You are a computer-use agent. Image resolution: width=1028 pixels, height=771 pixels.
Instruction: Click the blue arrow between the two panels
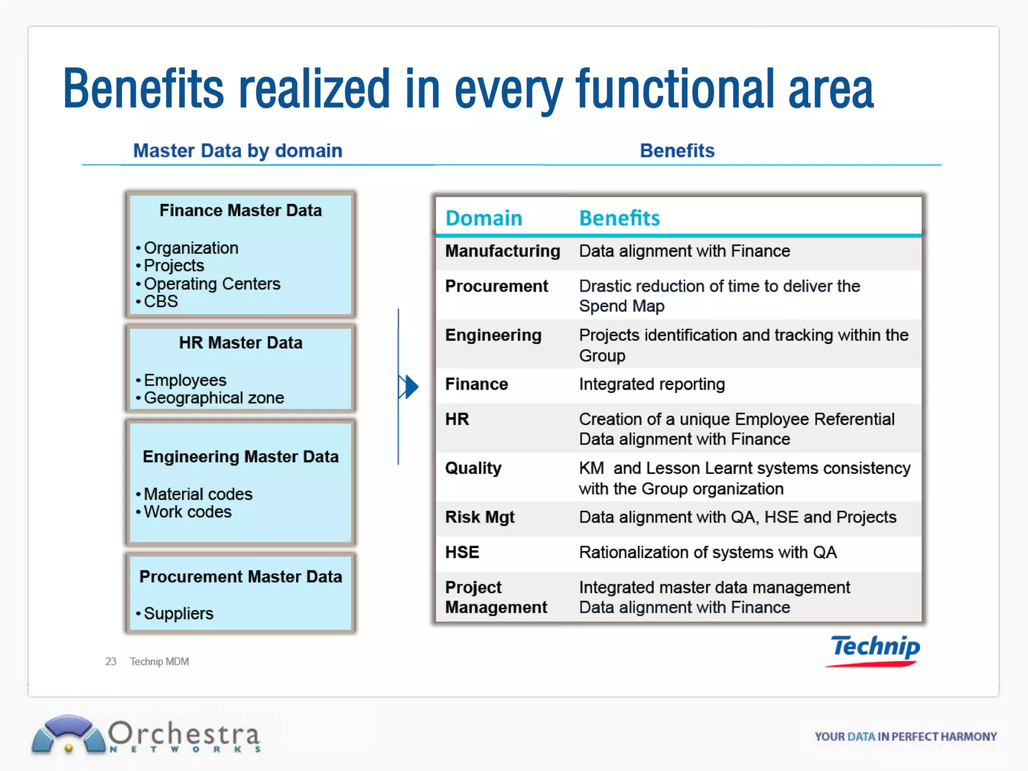(x=410, y=387)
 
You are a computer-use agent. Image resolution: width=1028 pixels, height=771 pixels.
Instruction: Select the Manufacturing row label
(x=502, y=251)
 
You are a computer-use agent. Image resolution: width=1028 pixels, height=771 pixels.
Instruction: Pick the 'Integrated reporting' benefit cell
(x=652, y=384)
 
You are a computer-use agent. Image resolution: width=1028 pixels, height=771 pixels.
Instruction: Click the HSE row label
(x=462, y=553)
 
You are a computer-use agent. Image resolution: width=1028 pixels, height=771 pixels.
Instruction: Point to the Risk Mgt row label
(x=480, y=518)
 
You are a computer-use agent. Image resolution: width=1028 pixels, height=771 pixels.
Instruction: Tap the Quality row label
(x=473, y=468)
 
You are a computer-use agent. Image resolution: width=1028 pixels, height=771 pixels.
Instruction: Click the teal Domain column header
(x=484, y=218)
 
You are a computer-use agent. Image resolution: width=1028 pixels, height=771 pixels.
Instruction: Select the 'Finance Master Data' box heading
(x=240, y=210)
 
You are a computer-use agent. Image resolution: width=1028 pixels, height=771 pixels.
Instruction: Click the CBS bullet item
(x=161, y=302)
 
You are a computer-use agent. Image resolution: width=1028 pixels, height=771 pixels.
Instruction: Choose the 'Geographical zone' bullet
(x=214, y=398)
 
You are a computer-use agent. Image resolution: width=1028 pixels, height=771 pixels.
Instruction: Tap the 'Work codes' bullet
(x=188, y=512)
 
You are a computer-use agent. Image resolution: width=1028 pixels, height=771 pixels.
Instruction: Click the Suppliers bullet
(x=179, y=613)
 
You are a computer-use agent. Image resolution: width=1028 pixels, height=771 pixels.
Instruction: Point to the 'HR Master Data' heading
(x=240, y=343)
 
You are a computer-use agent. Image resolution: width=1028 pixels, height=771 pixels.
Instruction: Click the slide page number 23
(x=110, y=662)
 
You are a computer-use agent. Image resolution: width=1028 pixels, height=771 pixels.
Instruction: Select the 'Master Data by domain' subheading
(x=237, y=151)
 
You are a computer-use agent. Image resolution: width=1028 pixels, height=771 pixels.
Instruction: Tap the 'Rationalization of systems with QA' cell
(x=708, y=553)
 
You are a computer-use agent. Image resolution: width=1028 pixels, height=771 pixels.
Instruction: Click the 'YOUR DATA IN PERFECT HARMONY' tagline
(x=906, y=736)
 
